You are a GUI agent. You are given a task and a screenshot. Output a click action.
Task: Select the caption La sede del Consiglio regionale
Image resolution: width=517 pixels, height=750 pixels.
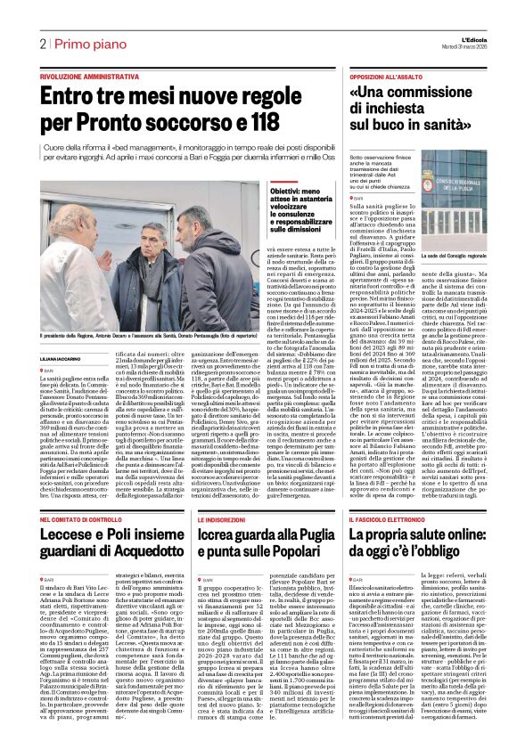pos(452,232)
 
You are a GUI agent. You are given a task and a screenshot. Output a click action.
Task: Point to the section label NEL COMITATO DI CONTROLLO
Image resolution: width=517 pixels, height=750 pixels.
pos(89,519)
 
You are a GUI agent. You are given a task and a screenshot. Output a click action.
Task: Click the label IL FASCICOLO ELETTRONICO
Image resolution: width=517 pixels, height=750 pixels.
pos(389,519)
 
